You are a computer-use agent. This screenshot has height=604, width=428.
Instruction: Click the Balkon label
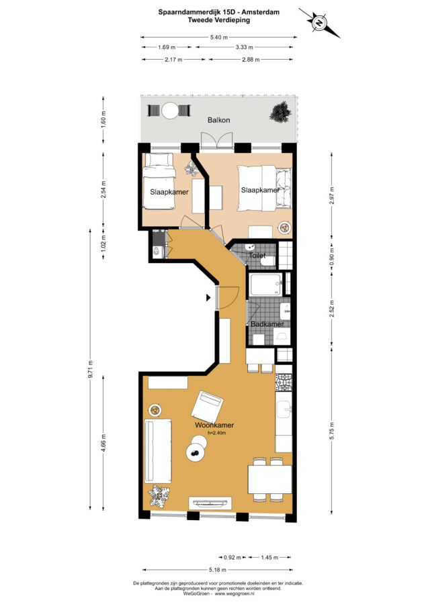[x=218, y=120]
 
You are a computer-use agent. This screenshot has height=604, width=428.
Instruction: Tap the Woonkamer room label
[x=214, y=425]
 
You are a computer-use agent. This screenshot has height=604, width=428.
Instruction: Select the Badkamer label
[x=267, y=324]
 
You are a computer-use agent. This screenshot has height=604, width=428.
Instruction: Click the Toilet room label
[x=257, y=255]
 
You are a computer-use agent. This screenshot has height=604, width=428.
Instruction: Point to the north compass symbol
[x=319, y=22]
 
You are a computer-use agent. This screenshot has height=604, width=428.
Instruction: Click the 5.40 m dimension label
[x=218, y=38]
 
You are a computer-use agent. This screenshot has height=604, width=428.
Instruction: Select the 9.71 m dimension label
[x=90, y=369]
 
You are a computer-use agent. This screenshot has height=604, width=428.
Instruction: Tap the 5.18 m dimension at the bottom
[x=218, y=570]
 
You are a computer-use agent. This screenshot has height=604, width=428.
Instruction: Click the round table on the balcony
[x=170, y=111]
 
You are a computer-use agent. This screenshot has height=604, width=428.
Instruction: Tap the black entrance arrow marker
[x=208, y=297]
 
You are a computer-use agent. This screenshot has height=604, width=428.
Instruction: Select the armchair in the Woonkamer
[x=207, y=407]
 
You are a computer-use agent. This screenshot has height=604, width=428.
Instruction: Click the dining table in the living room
[x=269, y=480]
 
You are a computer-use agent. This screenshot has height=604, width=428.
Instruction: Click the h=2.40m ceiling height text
[x=217, y=433]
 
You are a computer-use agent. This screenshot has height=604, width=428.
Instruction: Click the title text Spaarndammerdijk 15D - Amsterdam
[x=219, y=12]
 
